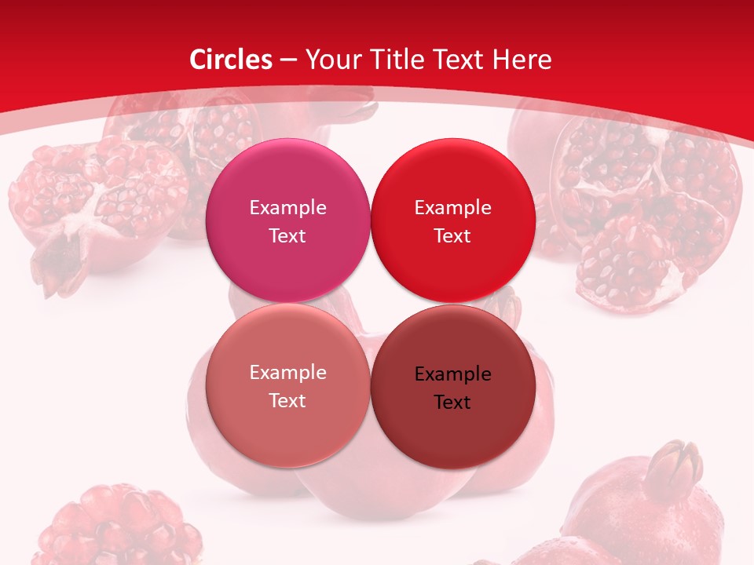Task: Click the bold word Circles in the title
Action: point(231,60)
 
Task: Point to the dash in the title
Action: point(288,60)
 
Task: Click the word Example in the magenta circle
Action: point(287,208)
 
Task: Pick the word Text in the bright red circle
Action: point(452,236)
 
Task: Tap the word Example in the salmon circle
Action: point(287,373)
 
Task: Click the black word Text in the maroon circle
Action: point(452,403)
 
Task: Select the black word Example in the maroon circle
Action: point(453,374)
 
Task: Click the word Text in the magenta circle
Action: point(287,236)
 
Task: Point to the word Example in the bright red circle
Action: point(453,208)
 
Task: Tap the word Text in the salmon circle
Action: point(287,401)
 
